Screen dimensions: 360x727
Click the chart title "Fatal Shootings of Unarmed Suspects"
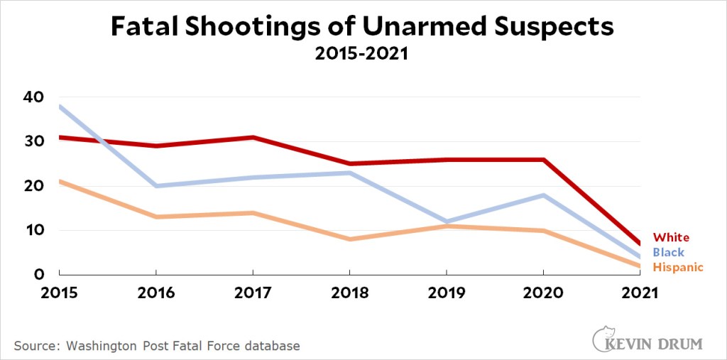[x=362, y=27]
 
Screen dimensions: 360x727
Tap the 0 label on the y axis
[x=40, y=274]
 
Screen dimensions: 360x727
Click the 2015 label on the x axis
[x=59, y=293]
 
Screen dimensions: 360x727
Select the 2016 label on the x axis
[x=155, y=293]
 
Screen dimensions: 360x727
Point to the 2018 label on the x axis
[x=349, y=293]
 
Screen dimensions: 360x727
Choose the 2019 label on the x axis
[x=446, y=293]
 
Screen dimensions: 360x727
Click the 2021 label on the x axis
[x=640, y=293]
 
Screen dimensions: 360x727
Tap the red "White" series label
[x=671, y=238]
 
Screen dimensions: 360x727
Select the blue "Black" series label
[x=669, y=252]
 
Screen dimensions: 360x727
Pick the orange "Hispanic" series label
[x=678, y=267]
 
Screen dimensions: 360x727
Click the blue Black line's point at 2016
[x=155, y=186]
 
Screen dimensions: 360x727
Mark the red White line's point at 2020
[x=543, y=160]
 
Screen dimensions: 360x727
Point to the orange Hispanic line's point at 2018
[x=349, y=239]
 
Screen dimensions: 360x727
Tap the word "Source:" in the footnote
[x=35, y=346]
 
